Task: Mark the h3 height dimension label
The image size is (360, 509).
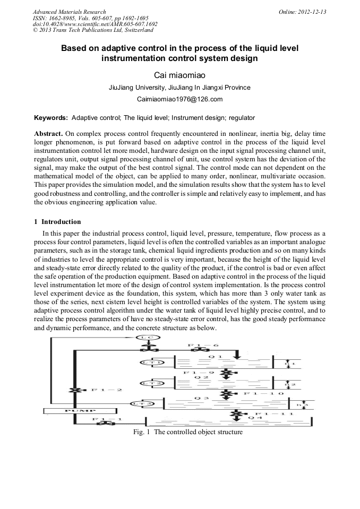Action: click(302, 406)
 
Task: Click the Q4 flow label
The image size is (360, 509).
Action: click(256, 418)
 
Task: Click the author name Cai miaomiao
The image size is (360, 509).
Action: click(179, 75)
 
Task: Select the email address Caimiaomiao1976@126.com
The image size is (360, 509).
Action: click(179, 99)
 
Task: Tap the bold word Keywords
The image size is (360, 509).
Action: click(51, 117)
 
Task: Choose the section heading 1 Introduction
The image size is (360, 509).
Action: click(57, 222)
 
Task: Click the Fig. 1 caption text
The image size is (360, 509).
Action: click(187, 432)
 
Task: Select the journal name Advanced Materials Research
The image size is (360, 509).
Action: click(69, 12)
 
